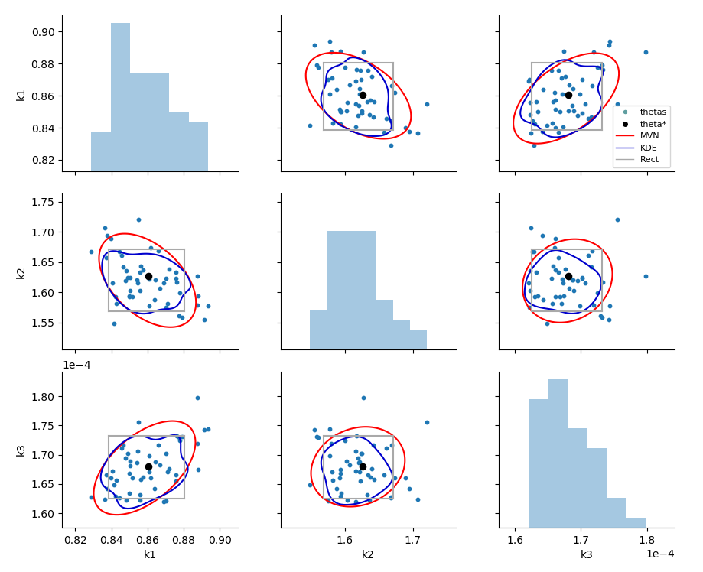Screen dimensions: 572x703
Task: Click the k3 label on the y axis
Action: [21, 450]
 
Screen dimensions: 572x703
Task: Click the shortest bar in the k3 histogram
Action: [636, 523]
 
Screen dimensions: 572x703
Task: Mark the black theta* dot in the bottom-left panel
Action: [148, 466]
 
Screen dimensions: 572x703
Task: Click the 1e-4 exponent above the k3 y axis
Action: [76, 365]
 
